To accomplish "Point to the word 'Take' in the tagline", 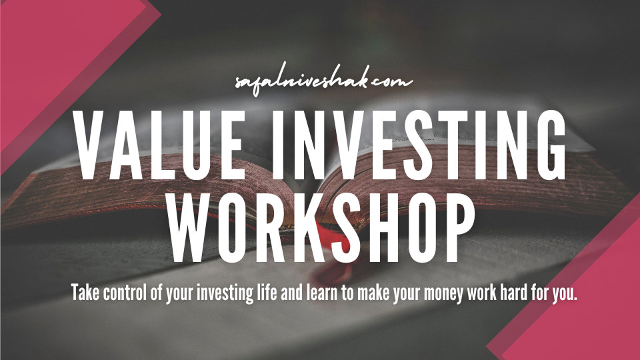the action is [85, 292].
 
